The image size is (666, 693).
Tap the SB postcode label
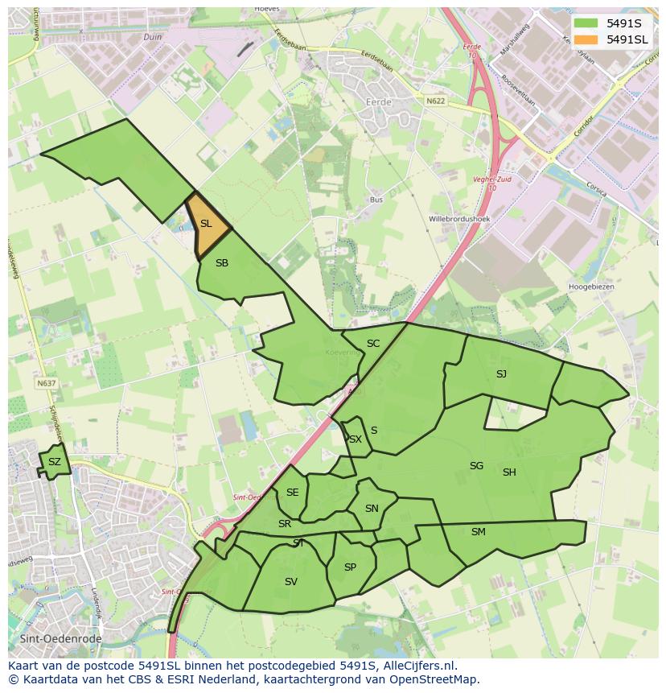[222, 263]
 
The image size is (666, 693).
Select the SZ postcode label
[54, 462]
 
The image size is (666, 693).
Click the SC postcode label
[373, 344]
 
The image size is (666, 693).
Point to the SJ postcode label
[501, 374]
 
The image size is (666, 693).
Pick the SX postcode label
[355, 439]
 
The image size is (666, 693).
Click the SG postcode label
[476, 466]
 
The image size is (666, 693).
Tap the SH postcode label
[509, 472]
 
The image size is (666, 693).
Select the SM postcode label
[479, 532]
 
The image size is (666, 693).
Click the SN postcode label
[372, 509]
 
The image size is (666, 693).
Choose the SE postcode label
[292, 493]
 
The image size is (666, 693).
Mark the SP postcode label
[350, 567]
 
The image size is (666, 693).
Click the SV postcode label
[290, 582]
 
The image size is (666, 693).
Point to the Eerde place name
[379, 103]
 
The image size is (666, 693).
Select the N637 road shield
[46, 384]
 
